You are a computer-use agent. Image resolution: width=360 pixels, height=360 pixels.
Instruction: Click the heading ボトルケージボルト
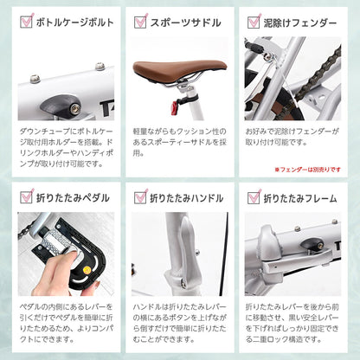click(75, 22)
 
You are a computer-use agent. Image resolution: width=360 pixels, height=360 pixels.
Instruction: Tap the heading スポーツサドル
click(185, 22)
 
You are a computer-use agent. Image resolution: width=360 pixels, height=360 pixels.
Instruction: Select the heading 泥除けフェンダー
click(300, 22)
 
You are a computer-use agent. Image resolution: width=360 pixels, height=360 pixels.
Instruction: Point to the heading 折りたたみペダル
click(73, 198)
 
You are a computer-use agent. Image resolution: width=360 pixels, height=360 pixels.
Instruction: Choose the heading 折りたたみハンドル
click(186, 198)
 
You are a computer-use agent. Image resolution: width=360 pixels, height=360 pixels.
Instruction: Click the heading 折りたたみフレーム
click(300, 198)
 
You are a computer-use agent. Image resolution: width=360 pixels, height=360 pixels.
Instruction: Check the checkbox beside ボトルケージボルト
click(27, 22)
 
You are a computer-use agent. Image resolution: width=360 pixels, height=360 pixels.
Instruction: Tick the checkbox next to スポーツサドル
click(140, 22)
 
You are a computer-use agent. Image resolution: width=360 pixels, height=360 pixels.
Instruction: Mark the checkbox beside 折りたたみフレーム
click(254, 197)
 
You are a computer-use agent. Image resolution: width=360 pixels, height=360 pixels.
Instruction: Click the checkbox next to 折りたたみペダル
click(27, 196)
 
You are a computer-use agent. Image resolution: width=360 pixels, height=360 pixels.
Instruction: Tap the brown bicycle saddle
click(179, 70)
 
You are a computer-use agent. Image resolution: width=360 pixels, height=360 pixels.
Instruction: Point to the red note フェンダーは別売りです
click(308, 170)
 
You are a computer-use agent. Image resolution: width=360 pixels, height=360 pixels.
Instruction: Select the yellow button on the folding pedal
click(86, 270)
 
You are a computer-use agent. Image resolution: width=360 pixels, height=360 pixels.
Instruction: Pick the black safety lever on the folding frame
click(312, 245)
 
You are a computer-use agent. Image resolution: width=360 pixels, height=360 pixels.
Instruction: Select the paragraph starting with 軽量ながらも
click(179, 142)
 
